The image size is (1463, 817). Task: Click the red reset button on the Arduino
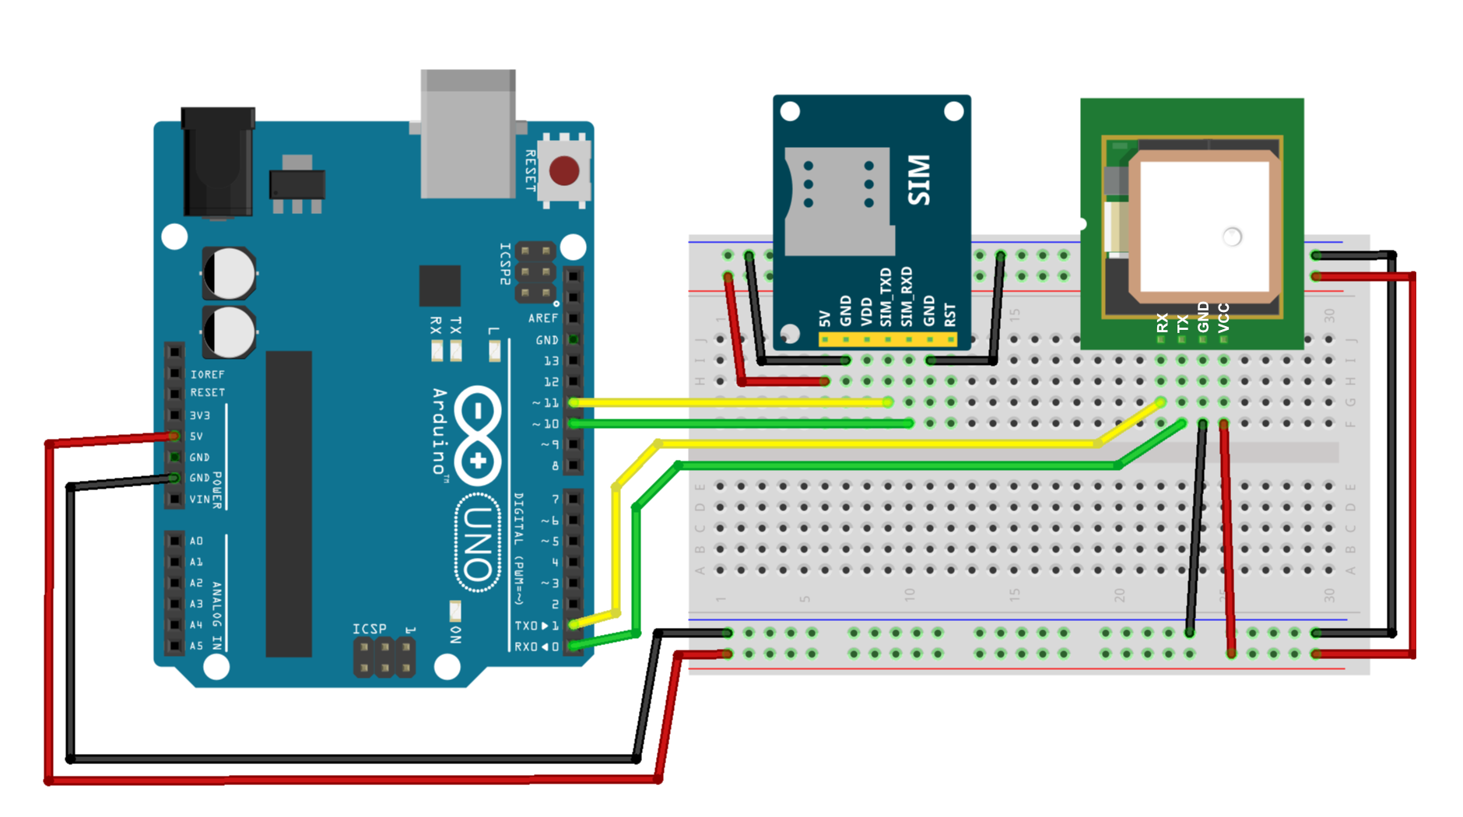(564, 170)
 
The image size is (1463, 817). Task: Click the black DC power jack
(217, 163)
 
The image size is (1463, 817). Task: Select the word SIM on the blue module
(920, 181)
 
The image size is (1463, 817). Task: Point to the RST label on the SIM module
(949, 314)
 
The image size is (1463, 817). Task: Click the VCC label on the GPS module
(1223, 317)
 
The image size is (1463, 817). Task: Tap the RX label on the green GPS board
(1162, 322)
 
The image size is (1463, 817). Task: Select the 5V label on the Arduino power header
(197, 437)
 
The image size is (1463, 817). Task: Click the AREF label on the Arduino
(542, 318)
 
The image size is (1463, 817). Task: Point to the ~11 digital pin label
(546, 403)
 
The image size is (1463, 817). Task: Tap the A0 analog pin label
(196, 541)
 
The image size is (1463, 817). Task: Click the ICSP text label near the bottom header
(369, 629)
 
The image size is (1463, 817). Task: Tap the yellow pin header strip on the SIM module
(887, 339)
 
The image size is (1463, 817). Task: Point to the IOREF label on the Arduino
(207, 374)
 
